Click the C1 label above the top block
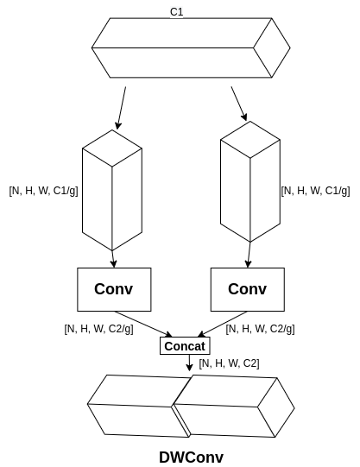point(176,11)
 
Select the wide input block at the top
point(190,47)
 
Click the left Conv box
point(113,289)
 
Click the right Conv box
point(247,289)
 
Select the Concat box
point(185,346)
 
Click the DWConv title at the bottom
point(190,457)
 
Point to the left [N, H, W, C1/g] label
point(43,191)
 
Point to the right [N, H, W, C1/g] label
point(315,191)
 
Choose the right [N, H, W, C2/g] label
point(260,329)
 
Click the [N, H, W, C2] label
point(229,363)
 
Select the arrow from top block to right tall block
point(239,104)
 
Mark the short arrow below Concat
point(189,363)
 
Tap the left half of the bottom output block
point(134,406)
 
